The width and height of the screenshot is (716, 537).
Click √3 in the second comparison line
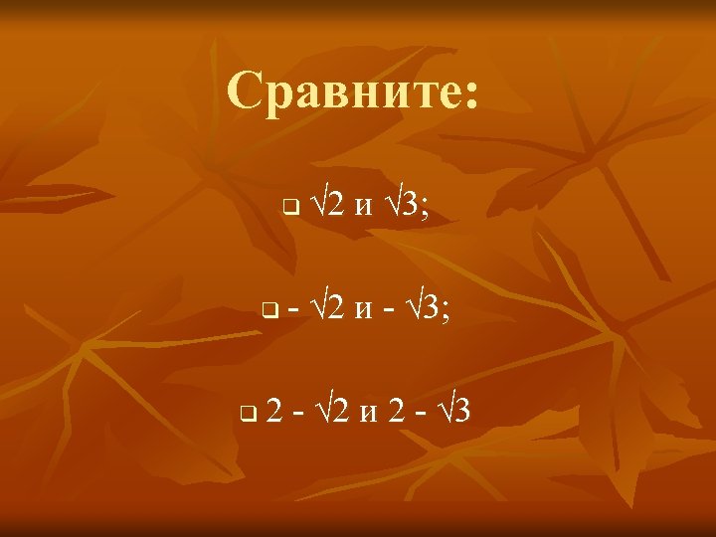coord(426,308)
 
